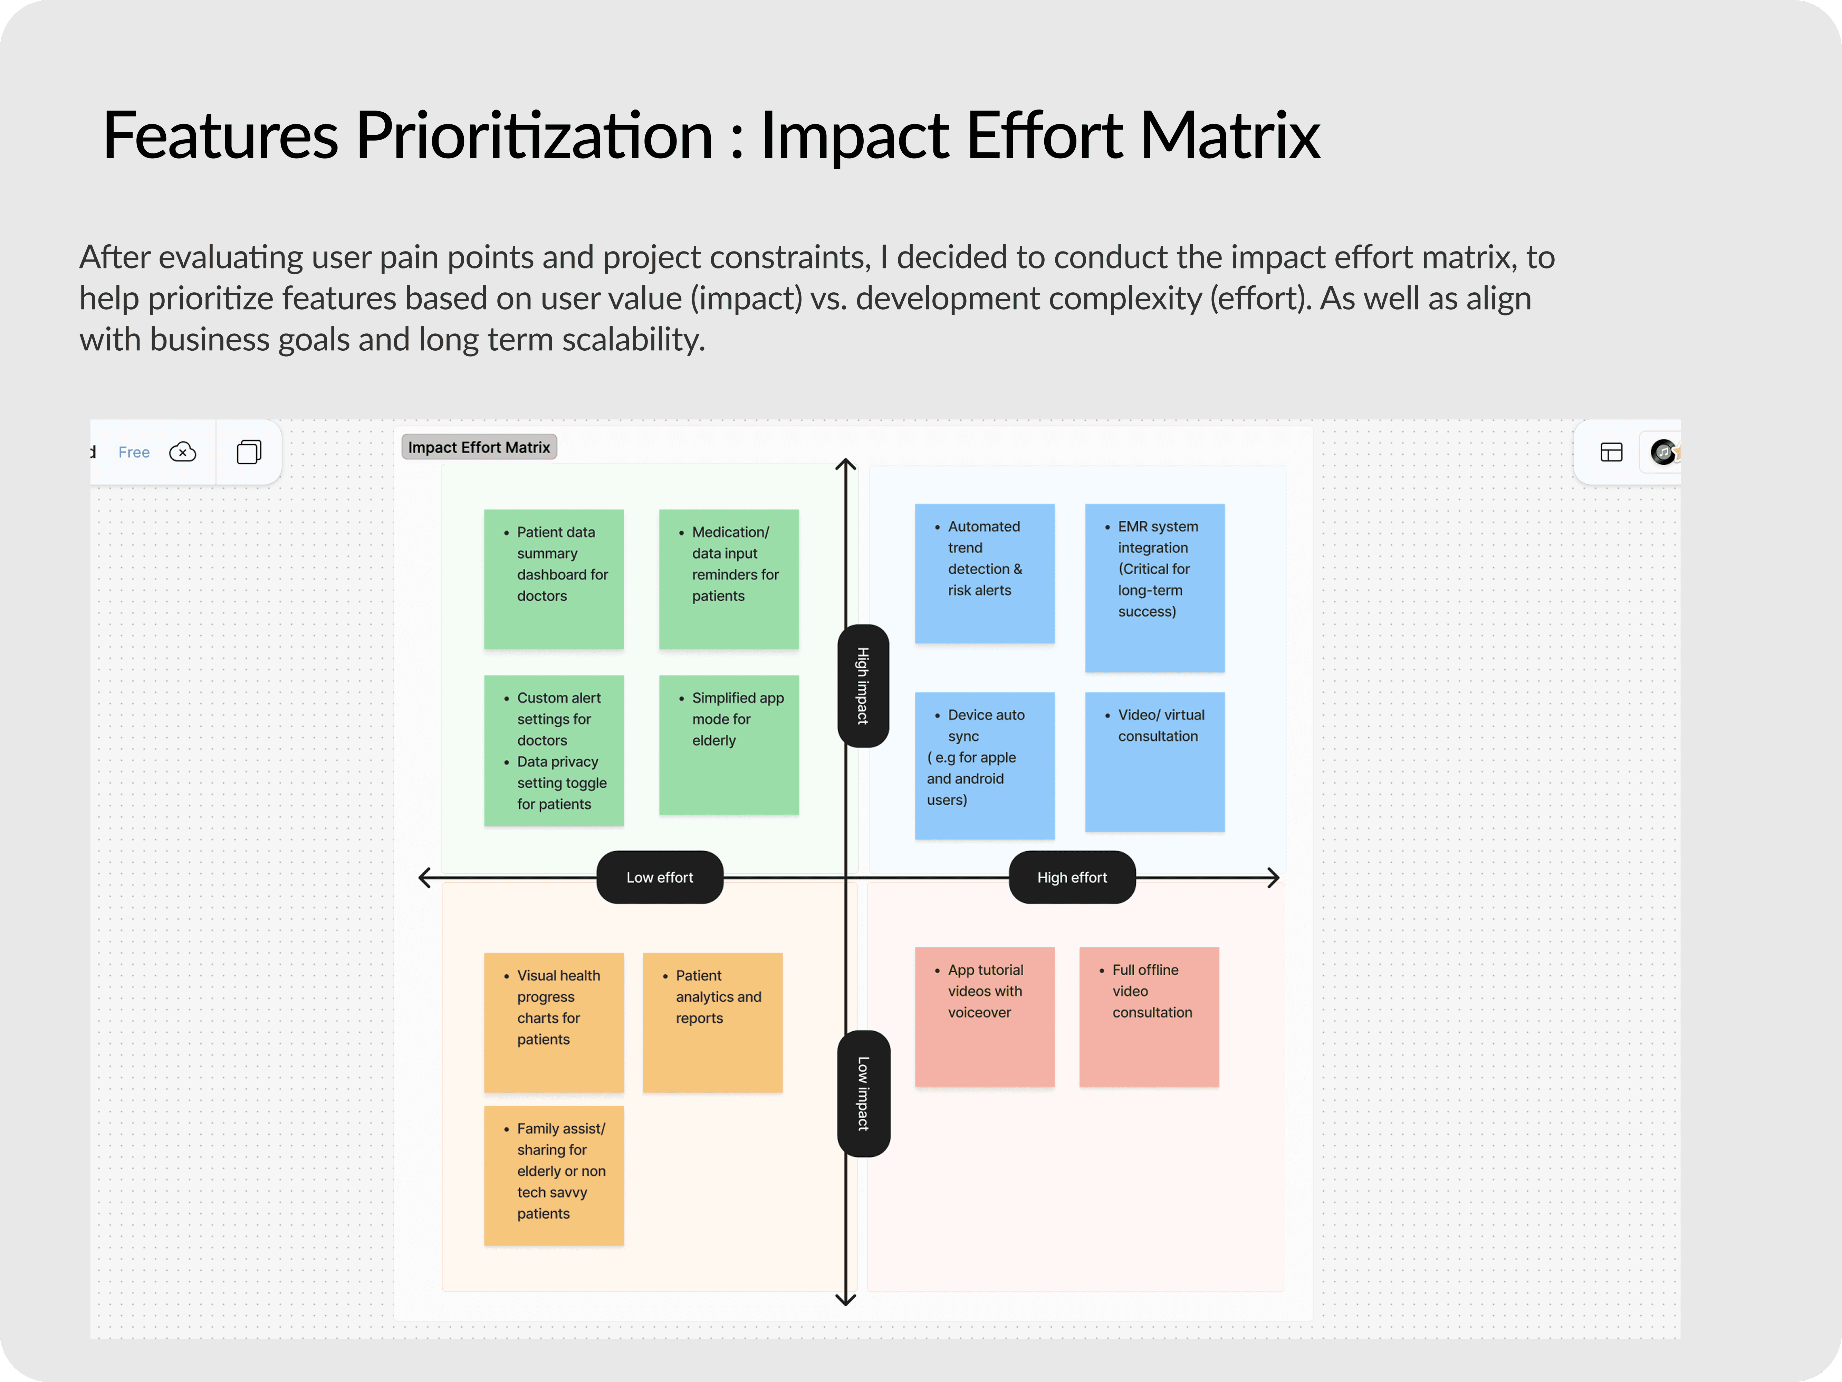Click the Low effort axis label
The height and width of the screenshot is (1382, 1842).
(660, 877)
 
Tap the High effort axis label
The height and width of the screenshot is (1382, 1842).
(1072, 877)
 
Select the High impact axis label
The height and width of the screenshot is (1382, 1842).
(863, 685)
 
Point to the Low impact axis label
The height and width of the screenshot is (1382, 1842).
(863, 1093)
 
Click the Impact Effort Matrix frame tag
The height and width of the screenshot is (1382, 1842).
(479, 447)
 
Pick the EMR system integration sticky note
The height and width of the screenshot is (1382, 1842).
(1154, 587)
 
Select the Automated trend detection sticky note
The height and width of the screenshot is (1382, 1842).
(984, 573)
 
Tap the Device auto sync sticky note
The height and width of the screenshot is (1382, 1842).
(984, 765)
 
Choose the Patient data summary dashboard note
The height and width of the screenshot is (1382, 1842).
(554, 579)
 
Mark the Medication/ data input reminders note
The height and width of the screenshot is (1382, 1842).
(729, 579)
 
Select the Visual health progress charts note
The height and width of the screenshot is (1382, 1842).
(554, 1022)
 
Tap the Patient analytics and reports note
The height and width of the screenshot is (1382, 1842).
(712, 1022)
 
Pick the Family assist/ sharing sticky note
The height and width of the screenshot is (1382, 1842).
(554, 1175)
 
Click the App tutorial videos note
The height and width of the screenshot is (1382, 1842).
(984, 1016)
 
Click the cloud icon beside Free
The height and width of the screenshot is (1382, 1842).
(182, 452)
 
